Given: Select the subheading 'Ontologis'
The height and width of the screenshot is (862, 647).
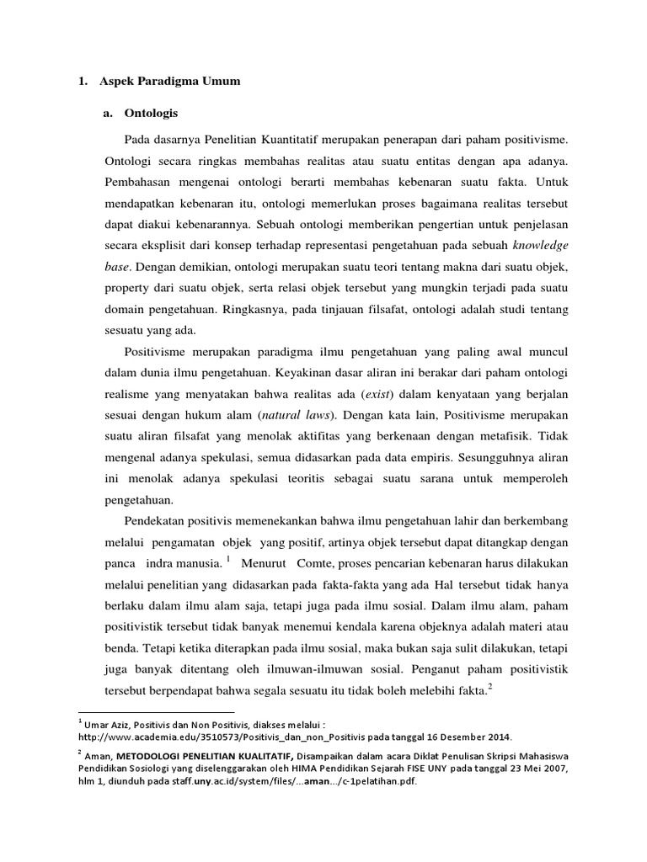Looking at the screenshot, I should (151, 112).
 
